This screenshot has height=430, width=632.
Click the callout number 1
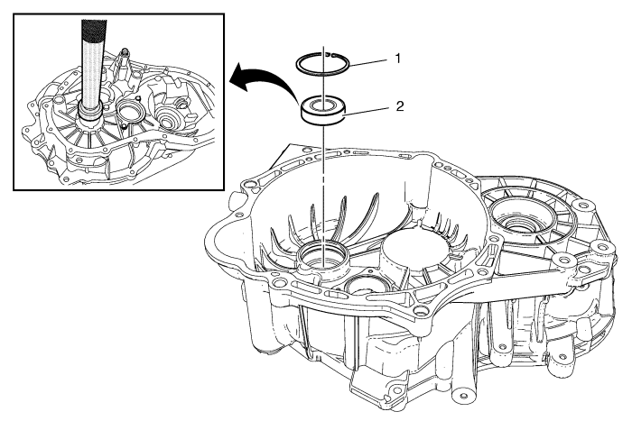(x=396, y=57)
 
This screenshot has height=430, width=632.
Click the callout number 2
(x=398, y=105)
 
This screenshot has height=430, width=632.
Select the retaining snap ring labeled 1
(x=327, y=66)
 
